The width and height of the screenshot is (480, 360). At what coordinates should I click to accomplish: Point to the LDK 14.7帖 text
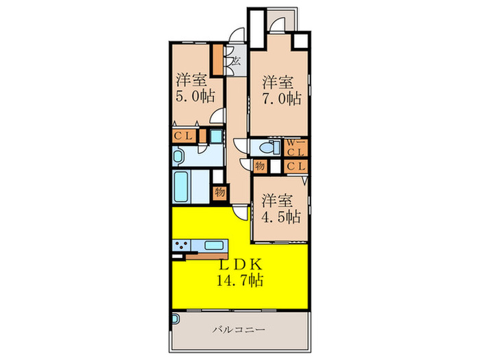[239, 272]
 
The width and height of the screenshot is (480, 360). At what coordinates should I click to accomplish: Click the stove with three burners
[184, 245]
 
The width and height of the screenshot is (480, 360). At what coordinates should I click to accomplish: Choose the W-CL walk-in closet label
[296, 147]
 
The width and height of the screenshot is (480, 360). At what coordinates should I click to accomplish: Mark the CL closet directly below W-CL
[296, 165]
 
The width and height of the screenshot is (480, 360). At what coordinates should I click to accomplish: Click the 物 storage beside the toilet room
[260, 165]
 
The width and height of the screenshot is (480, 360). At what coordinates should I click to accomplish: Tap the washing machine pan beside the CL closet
[215, 136]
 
